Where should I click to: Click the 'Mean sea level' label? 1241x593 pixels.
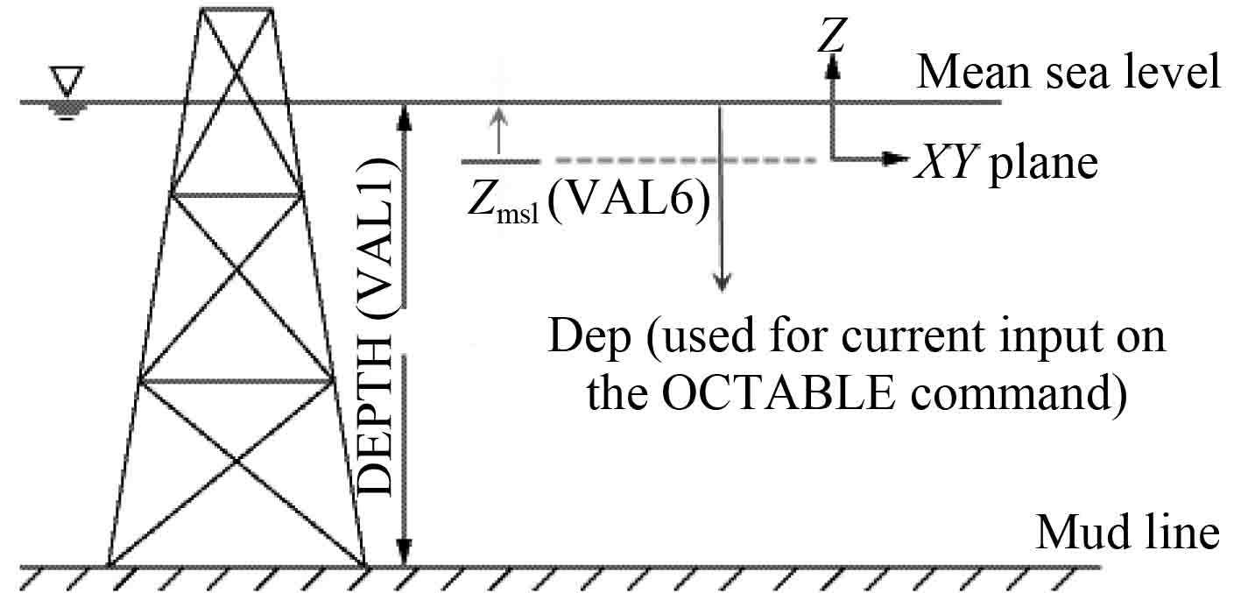point(1068,72)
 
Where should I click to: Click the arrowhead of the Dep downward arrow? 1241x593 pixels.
point(721,282)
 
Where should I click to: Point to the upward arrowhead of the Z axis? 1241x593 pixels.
point(833,65)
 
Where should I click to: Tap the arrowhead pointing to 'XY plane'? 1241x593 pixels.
point(894,159)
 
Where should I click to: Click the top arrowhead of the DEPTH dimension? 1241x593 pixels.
point(404,114)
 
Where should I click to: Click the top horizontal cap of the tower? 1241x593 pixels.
point(236,9)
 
